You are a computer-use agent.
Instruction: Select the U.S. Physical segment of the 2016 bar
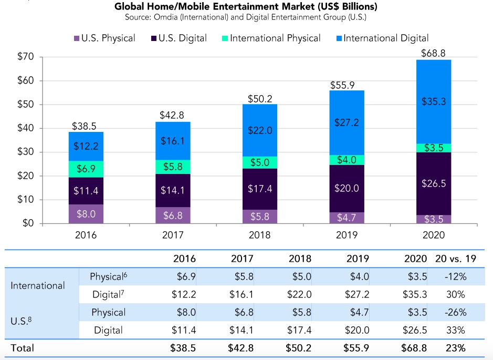[86, 214]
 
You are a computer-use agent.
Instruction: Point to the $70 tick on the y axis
[25, 57]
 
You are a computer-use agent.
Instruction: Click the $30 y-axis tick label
[25, 152]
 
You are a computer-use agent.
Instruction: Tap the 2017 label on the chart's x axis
[173, 235]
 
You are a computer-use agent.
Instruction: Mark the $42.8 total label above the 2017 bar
[173, 116]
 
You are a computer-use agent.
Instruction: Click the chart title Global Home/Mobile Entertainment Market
[246, 7]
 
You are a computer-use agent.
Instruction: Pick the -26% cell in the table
[455, 312]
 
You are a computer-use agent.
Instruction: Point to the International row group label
[38, 285]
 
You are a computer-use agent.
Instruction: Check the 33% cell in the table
[455, 330]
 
